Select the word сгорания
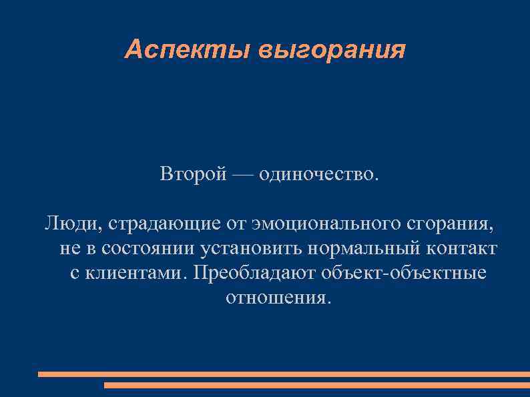coord(454,223)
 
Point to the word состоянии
coord(136,248)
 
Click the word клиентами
coord(134,273)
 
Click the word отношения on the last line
coord(278,298)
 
